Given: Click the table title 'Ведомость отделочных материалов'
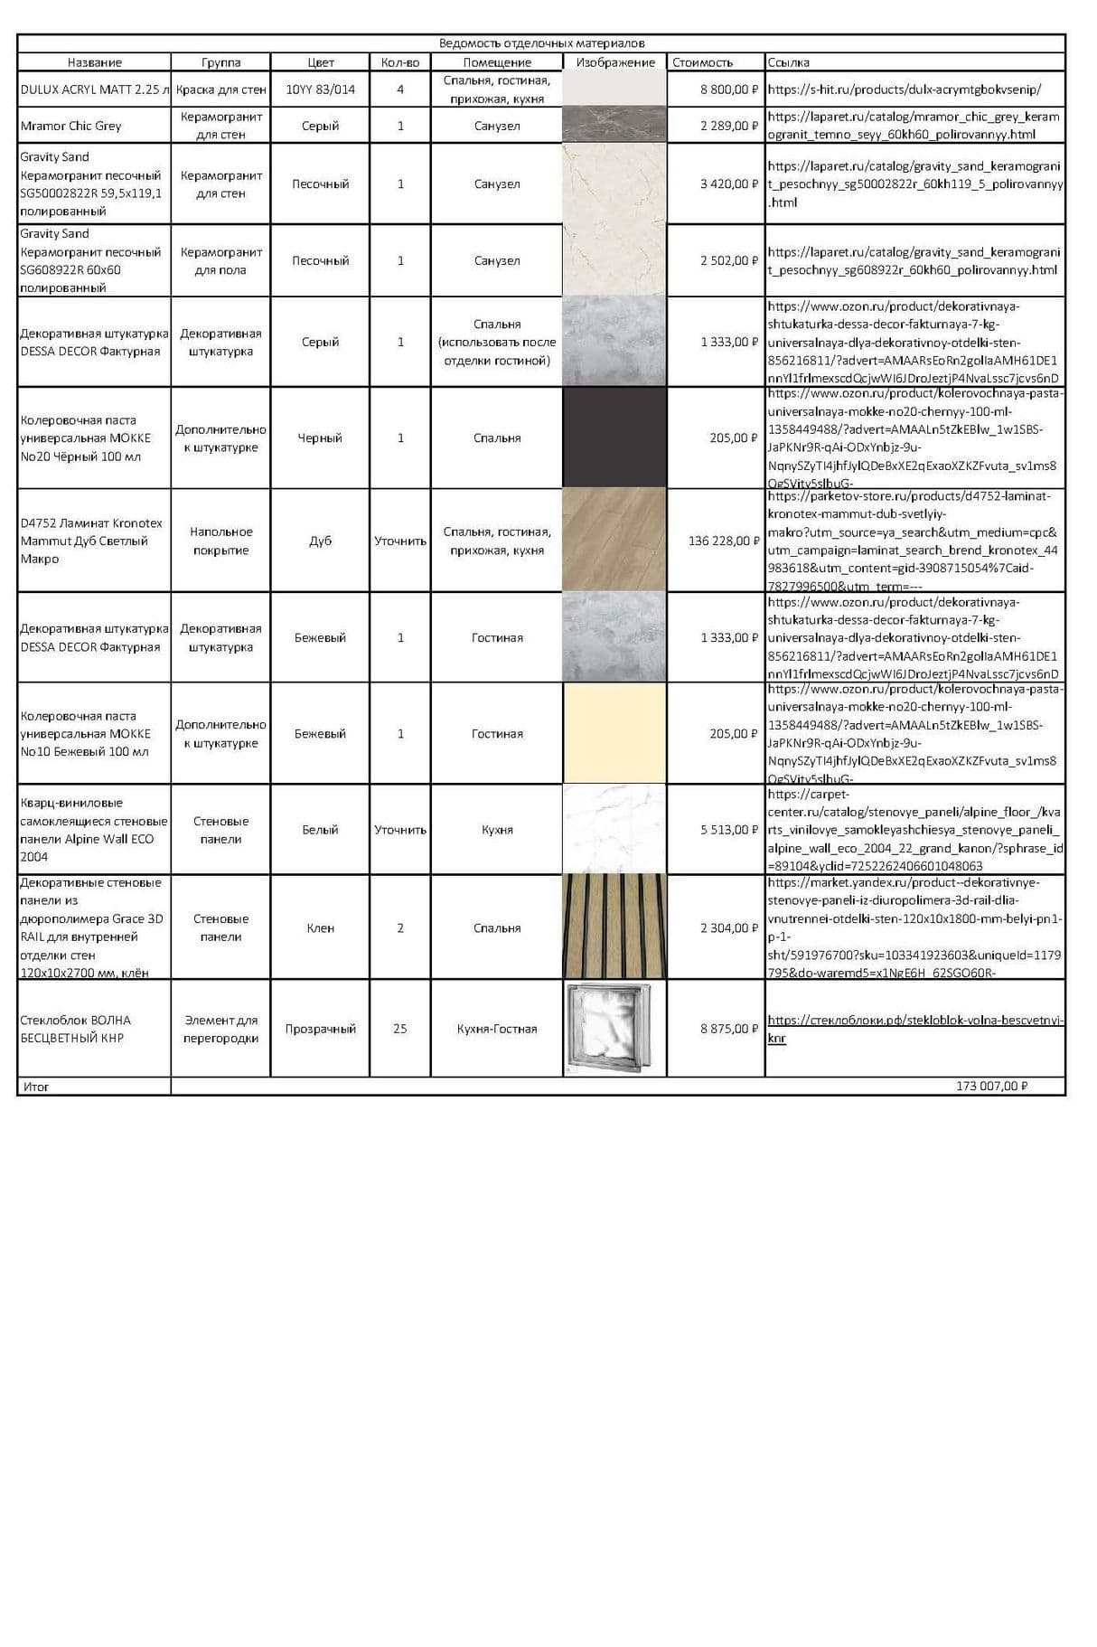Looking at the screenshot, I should click(541, 43).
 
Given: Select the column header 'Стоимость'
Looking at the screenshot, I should click(702, 62).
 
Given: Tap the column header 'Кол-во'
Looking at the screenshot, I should click(400, 62).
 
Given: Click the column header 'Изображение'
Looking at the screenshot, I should click(614, 62).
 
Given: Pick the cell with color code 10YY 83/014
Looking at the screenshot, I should click(320, 89).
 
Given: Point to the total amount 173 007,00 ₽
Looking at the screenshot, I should click(991, 1086).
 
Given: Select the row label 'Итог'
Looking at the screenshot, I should click(36, 1087).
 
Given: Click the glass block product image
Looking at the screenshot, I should click(614, 1028).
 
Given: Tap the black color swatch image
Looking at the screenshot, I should click(614, 438).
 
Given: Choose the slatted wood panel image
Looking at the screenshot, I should click(614, 927).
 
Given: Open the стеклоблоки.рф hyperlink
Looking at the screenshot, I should click(914, 1021).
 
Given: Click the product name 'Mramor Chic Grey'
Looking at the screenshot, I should click(70, 126).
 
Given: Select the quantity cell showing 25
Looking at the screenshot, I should click(400, 1029).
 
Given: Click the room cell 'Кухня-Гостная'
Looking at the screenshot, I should click(497, 1029).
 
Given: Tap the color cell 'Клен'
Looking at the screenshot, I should click(320, 928).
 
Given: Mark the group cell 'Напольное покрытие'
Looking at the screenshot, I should click(221, 541).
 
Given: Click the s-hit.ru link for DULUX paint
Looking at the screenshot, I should click(904, 89).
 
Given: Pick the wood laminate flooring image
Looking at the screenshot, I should click(614, 541).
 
